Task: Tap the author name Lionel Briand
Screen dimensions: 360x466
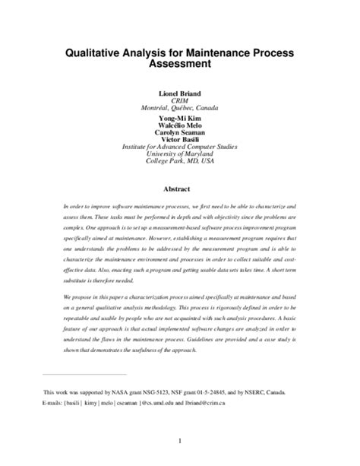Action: coord(179,92)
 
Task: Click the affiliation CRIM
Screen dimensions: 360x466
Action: coord(179,100)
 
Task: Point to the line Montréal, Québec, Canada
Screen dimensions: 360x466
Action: coord(179,108)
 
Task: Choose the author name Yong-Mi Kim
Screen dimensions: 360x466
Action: coord(179,119)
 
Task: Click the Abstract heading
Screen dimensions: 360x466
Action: coord(179,189)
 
